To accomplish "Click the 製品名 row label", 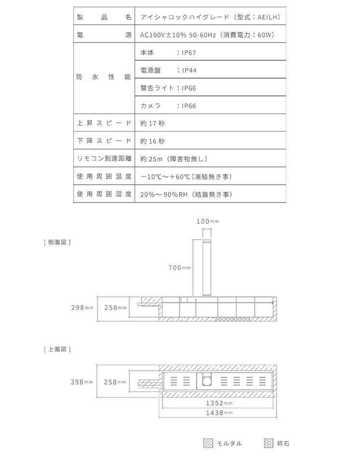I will tap(104, 17).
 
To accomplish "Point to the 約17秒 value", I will tap(152, 123).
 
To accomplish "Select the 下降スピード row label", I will tap(104, 141).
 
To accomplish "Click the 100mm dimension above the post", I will tap(208, 221).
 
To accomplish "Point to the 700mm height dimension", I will tap(180, 268).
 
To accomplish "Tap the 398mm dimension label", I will tap(82, 382).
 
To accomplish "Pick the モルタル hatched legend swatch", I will tap(208, 443).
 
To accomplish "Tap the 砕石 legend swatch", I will tap(269, 443).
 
